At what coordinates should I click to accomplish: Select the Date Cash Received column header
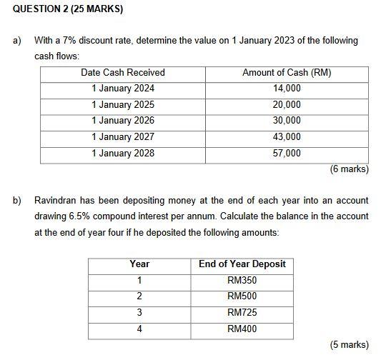coord(123,72)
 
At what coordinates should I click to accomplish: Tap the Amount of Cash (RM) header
coord(287,72)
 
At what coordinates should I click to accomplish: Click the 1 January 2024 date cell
coord(123,89)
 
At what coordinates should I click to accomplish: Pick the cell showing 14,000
coord(287,89)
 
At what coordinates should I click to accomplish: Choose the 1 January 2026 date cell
coord(123,121)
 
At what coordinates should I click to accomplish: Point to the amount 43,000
coord(287,136)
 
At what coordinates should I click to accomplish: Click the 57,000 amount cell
coord(287,153)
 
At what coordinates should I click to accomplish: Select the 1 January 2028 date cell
coord(123,153)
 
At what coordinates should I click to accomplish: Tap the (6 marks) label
coord(349,169)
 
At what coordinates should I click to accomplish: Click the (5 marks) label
coord(349,345)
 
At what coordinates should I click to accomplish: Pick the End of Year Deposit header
coord(242,264)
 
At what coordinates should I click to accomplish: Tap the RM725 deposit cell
coord(242,312)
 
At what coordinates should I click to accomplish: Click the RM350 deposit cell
coord(242,280)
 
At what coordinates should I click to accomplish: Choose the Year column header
coord(139,264)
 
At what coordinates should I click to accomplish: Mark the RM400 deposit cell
coord(242,329)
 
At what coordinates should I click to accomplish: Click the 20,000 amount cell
coord(287,104)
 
